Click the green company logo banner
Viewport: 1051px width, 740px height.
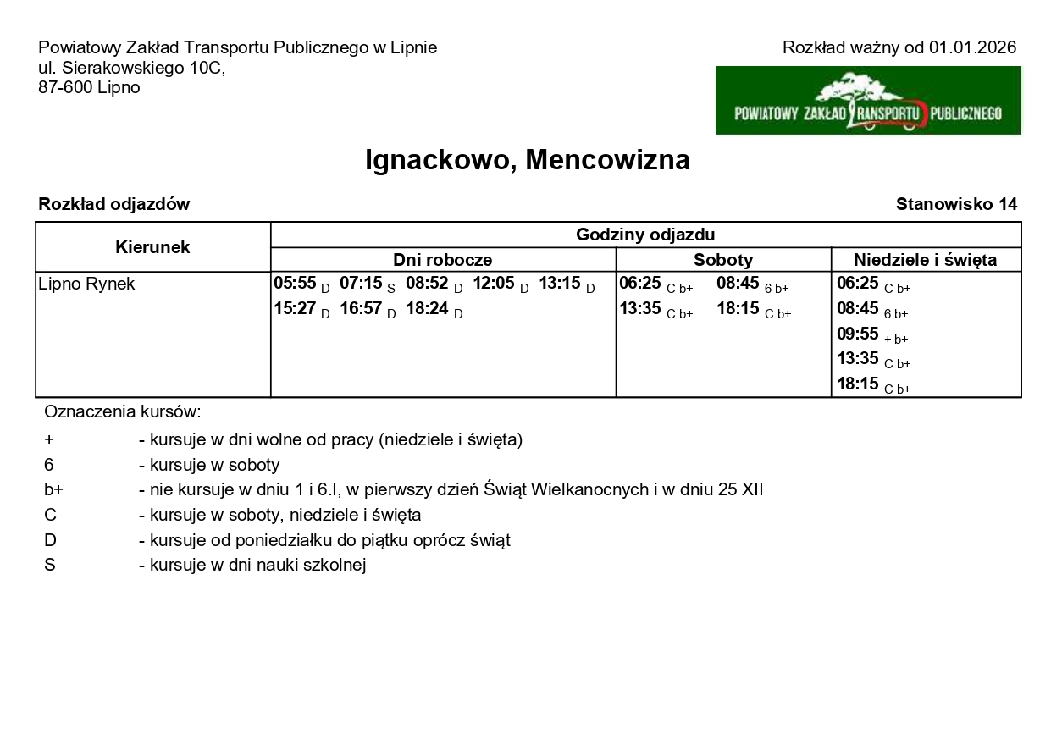tap(868, 101)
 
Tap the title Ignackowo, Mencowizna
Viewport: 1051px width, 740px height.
tap(527, 160)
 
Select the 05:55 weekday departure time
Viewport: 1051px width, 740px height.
tap(295, 284)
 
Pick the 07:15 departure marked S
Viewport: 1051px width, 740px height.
tap(362, 284)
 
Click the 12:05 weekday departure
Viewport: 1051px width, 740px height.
tap(494, 284)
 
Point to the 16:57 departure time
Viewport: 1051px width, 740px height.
tap(362, 309)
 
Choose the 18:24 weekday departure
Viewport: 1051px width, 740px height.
tap(428, 309)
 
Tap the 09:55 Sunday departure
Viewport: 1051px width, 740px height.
tap(858, 334)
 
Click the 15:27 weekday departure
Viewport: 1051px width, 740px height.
tap(295, 309)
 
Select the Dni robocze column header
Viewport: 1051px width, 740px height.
tap(442, 260)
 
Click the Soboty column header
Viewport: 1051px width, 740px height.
tap(723, 260)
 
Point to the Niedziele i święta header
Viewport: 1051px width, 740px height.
tap(925, 260)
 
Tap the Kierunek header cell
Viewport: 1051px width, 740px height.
tap(152, 247)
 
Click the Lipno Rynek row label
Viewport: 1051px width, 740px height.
tap(86, 284)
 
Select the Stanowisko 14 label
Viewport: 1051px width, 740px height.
tap(956, 204)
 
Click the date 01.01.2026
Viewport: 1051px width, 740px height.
tap(972, 47)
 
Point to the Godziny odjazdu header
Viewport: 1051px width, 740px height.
tap(645, 235)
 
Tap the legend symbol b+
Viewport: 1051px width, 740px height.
tap(53, 489)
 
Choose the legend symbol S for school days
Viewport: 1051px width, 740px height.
tap(50, 565)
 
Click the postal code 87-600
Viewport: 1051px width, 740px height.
tap(64, 87)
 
